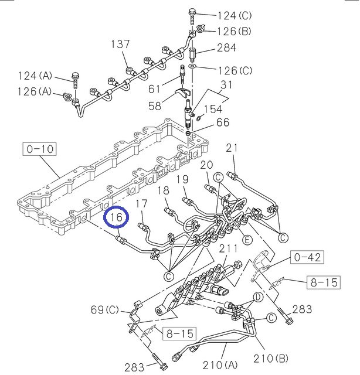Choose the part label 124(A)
pos(35,76)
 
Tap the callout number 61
pos(154,88)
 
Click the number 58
pos(155,106)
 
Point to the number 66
pos(223,122)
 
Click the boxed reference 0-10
pos(39,149)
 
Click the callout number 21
pos(233,148)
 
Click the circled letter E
pos(248,240)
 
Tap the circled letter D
pos(256,298)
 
